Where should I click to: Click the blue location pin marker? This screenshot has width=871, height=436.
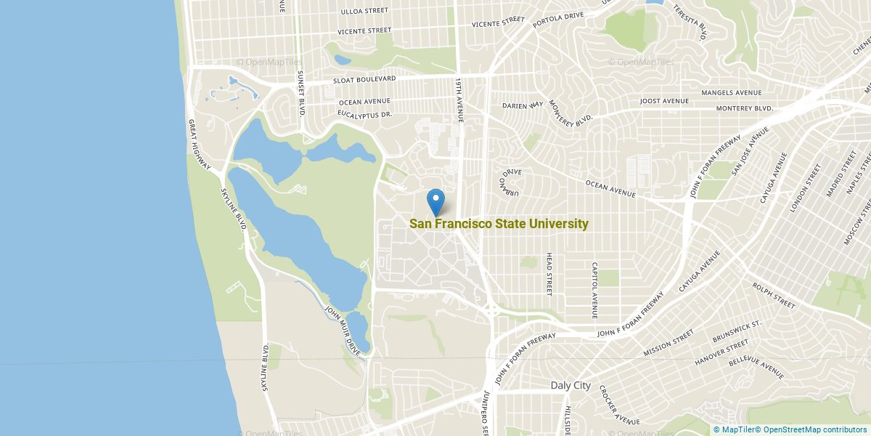(x=435, y=201)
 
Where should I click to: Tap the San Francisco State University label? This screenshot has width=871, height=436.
(x=499, y=224)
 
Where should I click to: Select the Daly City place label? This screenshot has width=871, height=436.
(x=571, y=386)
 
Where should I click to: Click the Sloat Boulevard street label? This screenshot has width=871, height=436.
(x=364, y=78)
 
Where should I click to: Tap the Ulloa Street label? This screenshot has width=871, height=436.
(x=364, y=11)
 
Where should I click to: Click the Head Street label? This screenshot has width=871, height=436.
(x=549, y=275)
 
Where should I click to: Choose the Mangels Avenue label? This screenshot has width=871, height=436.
(x=731, y=93)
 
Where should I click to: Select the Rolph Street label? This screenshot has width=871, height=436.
(x=774, y=294)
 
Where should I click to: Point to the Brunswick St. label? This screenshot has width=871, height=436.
(x=736, y=331)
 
